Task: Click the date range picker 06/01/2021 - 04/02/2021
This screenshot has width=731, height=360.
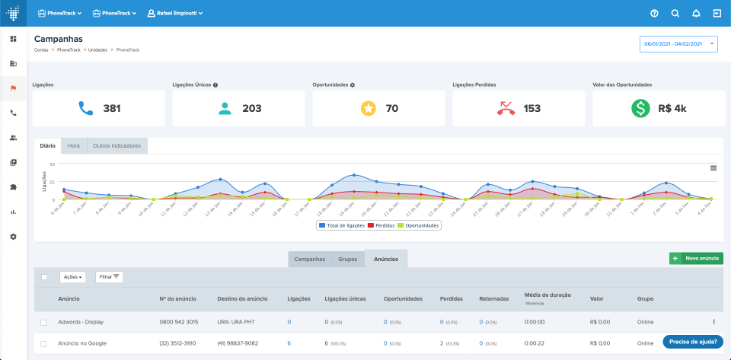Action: [678, 44]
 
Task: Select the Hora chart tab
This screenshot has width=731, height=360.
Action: [74, 145]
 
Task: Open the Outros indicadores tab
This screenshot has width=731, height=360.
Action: [117, 145]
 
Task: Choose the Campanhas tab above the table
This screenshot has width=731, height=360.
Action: [310, 259]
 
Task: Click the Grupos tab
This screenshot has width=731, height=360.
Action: [347, 259]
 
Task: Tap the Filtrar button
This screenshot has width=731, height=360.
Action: [110, 277]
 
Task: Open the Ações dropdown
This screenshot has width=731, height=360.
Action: [73, 277]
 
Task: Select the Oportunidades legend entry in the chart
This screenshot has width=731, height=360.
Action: [419, 225]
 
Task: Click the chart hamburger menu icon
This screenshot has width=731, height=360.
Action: [713, 167]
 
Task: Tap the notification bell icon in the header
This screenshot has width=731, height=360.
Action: [696, 14]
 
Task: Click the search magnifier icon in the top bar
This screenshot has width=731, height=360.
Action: [675, 14]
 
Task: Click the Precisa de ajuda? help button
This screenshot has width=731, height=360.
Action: [692, 342]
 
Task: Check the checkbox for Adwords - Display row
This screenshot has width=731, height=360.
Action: [43, 322]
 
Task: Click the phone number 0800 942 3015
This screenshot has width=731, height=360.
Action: [178, 322]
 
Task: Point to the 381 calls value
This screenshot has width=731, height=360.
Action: [112, 108]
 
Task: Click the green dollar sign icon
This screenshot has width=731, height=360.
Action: [640, 108]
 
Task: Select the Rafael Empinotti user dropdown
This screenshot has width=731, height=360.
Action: [174, 14]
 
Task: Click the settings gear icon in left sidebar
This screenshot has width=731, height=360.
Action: [13, 237]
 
